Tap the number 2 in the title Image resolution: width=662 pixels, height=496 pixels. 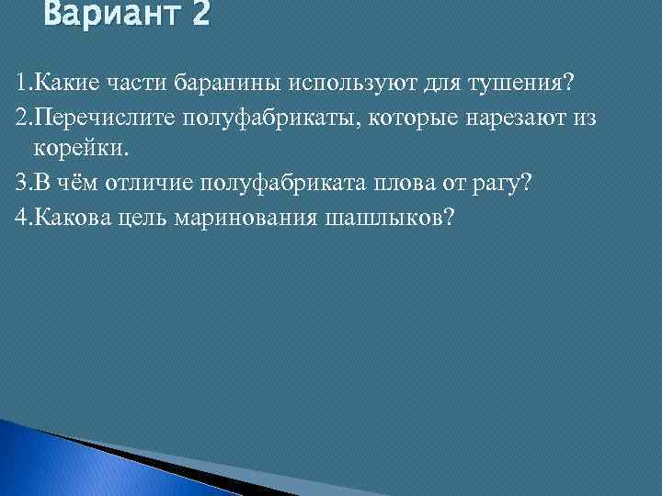(x=200, y=15)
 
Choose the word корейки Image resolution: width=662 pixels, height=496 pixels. (x=78, y=148)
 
